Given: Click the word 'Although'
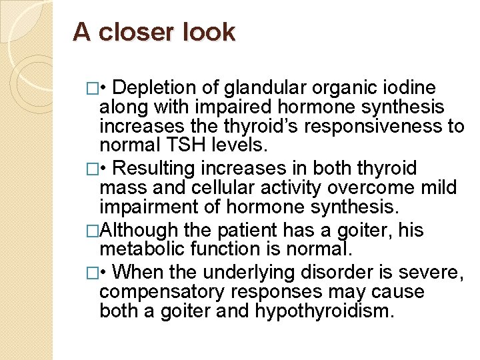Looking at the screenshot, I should click(139, 230).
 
